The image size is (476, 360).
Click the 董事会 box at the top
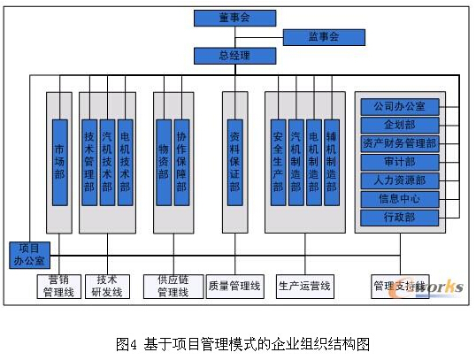click(x=235, y=19)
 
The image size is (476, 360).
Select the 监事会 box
click(x=324, y=37)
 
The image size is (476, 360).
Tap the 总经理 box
click(x=235, y=56)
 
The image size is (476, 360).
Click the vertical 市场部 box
click(x=60, y=163)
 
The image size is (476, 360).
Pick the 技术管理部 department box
click(x=89, y=163)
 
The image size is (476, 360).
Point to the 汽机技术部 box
click(x=107, y=163)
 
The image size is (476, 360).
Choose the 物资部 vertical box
click(x=164, y=163)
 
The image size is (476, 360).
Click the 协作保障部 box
click(x=181, y=163)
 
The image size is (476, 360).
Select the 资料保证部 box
click(x=235, y=163)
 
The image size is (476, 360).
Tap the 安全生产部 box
click(x=278, y=163)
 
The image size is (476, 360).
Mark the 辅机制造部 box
click(x=332, y=163)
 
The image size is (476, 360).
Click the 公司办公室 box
click(x=400, y=107)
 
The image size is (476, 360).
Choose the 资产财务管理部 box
click(x=400, y=144)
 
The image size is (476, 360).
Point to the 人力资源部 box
click(x=400, y=181)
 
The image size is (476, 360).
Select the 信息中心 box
click(x=400, y=199)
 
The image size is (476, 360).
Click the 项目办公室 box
click(x=29, y=256)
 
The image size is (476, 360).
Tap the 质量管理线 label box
click(x=235, y=287)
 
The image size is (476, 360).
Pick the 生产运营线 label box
click(x=305, y=287)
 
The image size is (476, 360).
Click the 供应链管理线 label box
click(x=173, y=287)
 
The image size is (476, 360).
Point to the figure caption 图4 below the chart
click(x=127, y=344)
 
